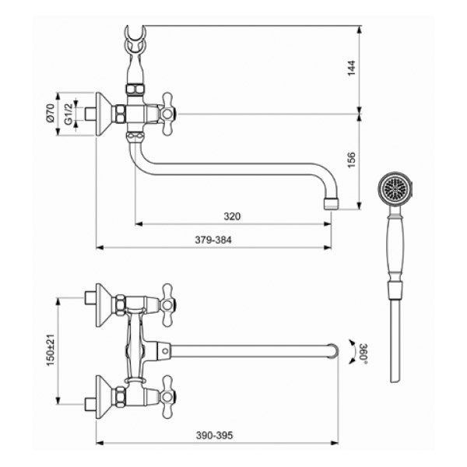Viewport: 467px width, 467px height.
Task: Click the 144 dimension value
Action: (352, 68)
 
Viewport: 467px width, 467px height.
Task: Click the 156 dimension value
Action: (352, 160)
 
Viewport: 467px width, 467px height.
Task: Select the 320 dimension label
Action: (232, 216)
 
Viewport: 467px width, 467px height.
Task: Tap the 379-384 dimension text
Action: (213, 240)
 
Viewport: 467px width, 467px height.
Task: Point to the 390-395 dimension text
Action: (214, 435)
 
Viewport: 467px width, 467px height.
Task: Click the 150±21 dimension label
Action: (51, 350)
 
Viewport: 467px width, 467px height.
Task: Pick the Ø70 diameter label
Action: (51, 113)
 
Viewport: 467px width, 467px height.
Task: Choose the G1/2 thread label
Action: (68, 114)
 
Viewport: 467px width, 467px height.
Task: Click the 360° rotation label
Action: (363, 353)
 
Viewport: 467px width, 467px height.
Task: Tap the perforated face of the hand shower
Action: (395, 188)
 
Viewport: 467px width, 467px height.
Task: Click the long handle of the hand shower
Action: (395, 248)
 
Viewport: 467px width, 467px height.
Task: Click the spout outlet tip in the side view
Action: (332, 204)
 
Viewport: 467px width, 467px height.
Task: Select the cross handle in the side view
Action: (167, 114)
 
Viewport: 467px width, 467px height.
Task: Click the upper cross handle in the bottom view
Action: (167, 305)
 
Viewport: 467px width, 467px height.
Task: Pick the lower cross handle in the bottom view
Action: (167, 397)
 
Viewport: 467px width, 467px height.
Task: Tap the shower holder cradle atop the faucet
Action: (135, 40)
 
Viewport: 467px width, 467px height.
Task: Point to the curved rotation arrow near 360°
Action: (353, 352)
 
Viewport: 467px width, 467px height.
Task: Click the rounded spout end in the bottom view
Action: (334, 351)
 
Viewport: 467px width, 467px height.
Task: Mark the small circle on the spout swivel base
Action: (165, 351)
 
